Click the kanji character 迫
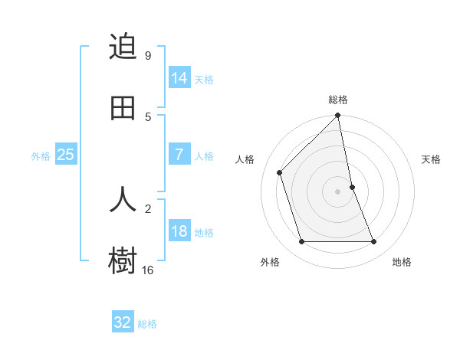tap(123, 47)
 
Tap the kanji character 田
tap(123, 109)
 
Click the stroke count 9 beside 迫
tap(148, 56)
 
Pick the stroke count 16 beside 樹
tap(148, 270)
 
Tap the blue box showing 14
tap(179, 77)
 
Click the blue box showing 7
tap(179, 154)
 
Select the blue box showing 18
tap(179, 231)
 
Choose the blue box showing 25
tap(66, 155)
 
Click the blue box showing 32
tap(123, 322)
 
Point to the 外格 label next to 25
tap(41, 156)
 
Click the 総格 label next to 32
tap(147, 324)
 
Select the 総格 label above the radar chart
tap(338, 100)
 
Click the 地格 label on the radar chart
tap(402, 262)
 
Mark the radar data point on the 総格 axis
tap(338, 116)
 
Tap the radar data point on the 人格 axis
tap(280, 172)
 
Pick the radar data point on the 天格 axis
tap(352, 187)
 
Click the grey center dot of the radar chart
tap(338, 191)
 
